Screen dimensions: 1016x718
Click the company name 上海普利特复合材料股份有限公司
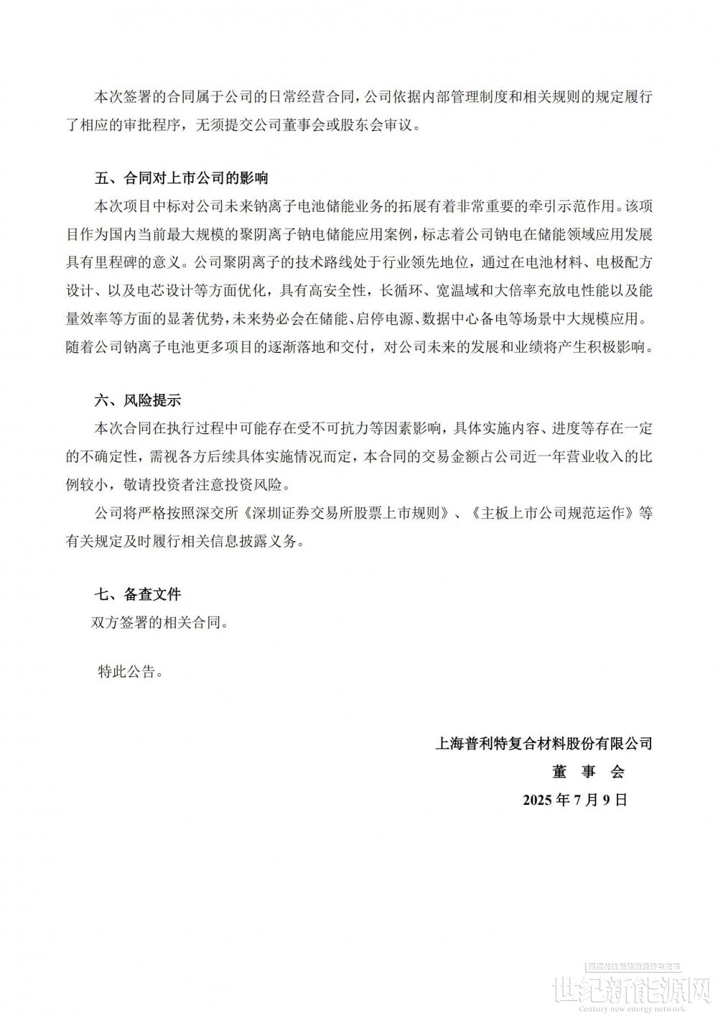544,743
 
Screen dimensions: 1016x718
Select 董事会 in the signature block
588,772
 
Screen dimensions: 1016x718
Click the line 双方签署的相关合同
160,622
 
